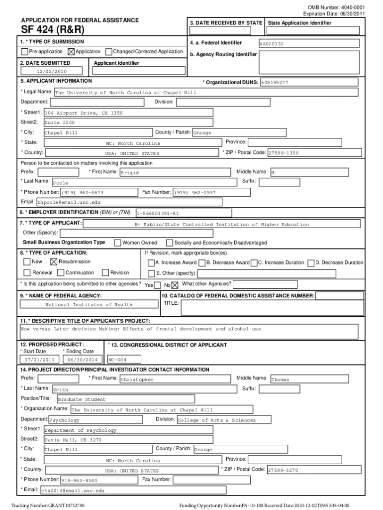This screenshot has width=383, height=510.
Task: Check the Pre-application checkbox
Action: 24,52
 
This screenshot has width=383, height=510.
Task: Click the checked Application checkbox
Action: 71,52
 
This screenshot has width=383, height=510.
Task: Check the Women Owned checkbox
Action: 118,243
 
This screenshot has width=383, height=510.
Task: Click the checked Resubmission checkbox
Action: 54,262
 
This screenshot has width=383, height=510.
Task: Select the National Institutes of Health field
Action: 89,304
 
